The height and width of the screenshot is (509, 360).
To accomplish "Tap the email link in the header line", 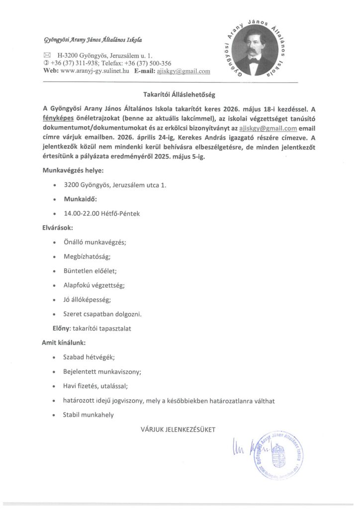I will pyautogui.click(x=183, y=71).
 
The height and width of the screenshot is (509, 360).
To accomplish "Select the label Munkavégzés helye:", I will pyautogui.click(x=73, y=171).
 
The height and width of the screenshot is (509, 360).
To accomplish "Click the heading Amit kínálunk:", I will pyautogui.click(x=64, y=342).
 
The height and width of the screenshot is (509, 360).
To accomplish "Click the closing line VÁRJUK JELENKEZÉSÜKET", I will pyautogui.click(x=178, y=428).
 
